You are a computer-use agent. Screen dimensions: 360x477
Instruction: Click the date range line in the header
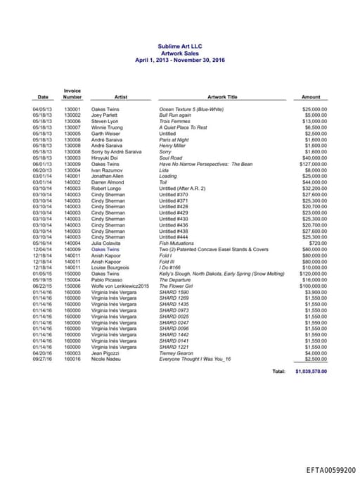tap(181, 61)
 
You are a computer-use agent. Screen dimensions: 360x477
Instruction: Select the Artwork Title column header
tap(223, 97)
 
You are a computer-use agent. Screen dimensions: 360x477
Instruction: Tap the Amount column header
tap(311, 97)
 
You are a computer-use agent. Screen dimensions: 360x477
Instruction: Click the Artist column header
tap(120, 97)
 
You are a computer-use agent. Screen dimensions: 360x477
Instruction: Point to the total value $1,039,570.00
tap(311, 370)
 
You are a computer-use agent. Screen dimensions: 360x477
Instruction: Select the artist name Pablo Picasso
tap(108, 279)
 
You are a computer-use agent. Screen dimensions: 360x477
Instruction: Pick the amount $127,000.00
tap(314, 164)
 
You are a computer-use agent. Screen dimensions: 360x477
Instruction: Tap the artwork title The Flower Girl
tap(176, 286)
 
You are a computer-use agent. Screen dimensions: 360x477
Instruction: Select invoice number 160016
tap(72, 359)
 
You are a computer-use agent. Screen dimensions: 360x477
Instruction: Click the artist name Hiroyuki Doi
tap(107, 158)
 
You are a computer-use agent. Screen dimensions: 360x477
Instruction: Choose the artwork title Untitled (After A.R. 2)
tap(182, 189)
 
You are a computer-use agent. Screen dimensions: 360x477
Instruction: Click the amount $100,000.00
tap(314, 286)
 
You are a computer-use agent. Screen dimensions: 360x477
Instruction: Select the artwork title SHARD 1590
tap(174, 291)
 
